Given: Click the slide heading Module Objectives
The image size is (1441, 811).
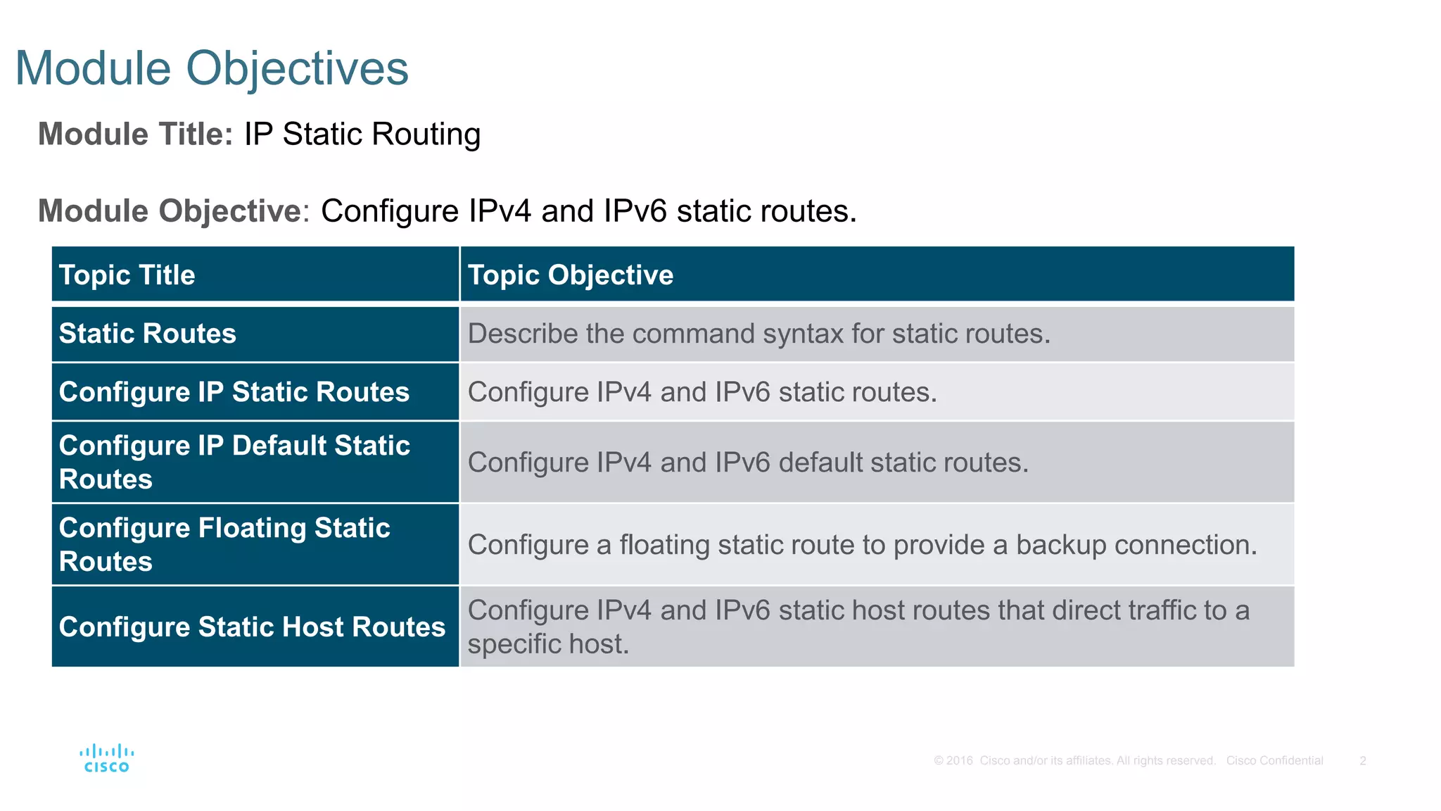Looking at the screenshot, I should click(x=211, y=69).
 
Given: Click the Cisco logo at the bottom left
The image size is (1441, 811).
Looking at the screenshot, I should click(x=106, y=759).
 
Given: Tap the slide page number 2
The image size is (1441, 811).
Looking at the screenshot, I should click(x=1362, y=760).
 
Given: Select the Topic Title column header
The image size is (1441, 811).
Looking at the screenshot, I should click(x=127, y=275).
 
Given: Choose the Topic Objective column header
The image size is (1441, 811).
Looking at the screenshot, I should click(x=571, y=275).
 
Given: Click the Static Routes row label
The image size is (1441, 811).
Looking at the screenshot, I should click(x=148, y=334).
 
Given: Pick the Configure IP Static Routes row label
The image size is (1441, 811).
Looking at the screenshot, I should click(x=234, y=392).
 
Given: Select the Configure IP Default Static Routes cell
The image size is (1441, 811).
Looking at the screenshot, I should click(x=234, y=462).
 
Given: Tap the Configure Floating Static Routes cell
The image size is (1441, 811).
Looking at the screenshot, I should click(x=224, y=544).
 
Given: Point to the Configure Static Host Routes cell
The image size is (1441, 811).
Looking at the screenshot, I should click(x=252, y=627).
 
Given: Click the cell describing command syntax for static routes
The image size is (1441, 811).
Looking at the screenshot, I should click(x=759, y=334).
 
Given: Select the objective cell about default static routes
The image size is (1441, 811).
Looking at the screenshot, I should click(x=748, y=463).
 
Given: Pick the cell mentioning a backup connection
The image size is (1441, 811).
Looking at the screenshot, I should click(x=862, y=545).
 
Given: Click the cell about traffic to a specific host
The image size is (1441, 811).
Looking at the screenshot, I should click(x=858, y=627).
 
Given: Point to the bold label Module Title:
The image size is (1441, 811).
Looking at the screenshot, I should click(x=135, y=134).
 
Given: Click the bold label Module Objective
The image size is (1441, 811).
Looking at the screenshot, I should click(x=170, y=211).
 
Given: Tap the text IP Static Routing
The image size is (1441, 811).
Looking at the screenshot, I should click(x=362, y=134).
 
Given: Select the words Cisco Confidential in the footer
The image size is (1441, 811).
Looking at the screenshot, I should click(x=1274, y=760).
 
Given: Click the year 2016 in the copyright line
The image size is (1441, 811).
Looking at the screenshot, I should click(x=959, y=760).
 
